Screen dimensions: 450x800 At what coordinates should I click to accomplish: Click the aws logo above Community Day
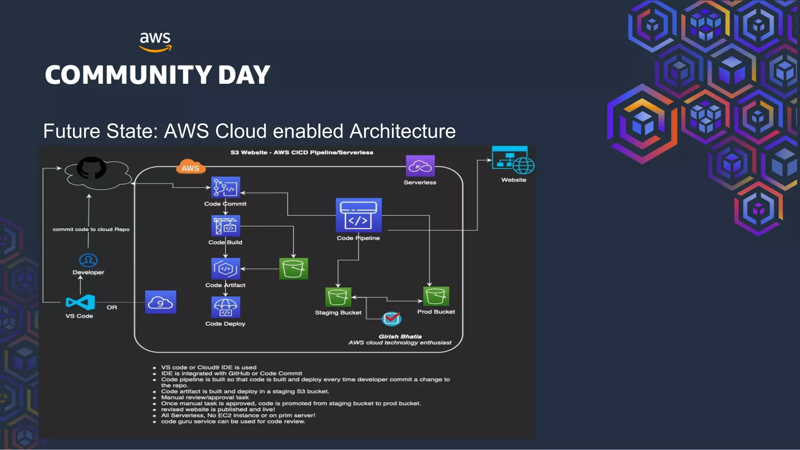coord(155,41)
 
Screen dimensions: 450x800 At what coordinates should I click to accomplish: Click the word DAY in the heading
coord(244,75)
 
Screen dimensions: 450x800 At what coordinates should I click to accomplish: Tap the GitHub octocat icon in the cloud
coord(91,168)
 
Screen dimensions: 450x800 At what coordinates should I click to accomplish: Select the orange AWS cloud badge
coord(190,167)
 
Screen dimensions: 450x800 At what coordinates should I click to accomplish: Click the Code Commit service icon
coord(225,187)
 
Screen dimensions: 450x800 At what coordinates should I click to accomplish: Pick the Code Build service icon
coord(225,226)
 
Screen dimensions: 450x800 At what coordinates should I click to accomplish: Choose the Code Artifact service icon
coord(225,268)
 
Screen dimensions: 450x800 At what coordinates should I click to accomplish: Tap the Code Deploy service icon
coord(225,307)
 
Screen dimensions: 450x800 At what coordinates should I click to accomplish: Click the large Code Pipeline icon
coord(358,215)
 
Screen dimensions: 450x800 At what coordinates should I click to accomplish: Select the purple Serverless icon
coord(420,166)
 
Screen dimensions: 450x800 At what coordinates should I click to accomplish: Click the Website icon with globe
coord(513,160)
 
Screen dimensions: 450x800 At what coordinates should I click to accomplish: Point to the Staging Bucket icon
coord(338,297)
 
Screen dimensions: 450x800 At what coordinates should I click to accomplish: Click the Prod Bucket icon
coord(436,296)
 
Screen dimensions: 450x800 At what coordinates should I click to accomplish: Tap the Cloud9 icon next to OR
coord(161,302)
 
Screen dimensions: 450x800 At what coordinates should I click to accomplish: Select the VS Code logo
coord(80,302)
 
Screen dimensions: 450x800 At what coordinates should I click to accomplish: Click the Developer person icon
coord(88,260)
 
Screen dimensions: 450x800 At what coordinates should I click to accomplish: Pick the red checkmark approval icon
coord(391,318)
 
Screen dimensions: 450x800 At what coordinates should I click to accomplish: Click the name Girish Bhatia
coord(400,336)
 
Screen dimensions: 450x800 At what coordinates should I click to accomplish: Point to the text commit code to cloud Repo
coord(91,229)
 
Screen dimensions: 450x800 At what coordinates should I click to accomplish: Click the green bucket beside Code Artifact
coord(293,268)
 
